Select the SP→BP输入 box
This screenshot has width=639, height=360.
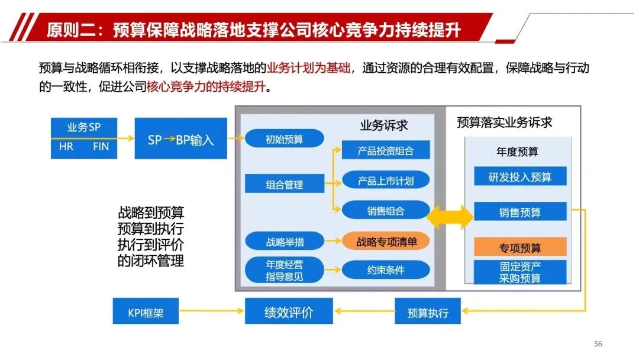180,139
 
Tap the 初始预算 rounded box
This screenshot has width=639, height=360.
284,140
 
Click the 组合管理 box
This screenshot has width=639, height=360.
284,184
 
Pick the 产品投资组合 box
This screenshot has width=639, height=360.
385,150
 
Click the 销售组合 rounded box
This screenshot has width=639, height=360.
385,210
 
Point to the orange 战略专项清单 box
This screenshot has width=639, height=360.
386,242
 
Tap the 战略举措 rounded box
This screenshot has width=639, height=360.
284,242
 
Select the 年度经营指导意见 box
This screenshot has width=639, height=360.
284,270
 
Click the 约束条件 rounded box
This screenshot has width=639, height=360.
385,270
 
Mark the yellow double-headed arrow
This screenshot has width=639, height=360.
450,216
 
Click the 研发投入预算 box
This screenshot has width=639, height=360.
520,176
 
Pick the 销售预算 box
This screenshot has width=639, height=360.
520,212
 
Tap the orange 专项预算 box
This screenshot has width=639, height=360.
520,246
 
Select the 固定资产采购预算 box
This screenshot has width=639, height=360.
520,272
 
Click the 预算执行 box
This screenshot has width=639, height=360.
428,312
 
